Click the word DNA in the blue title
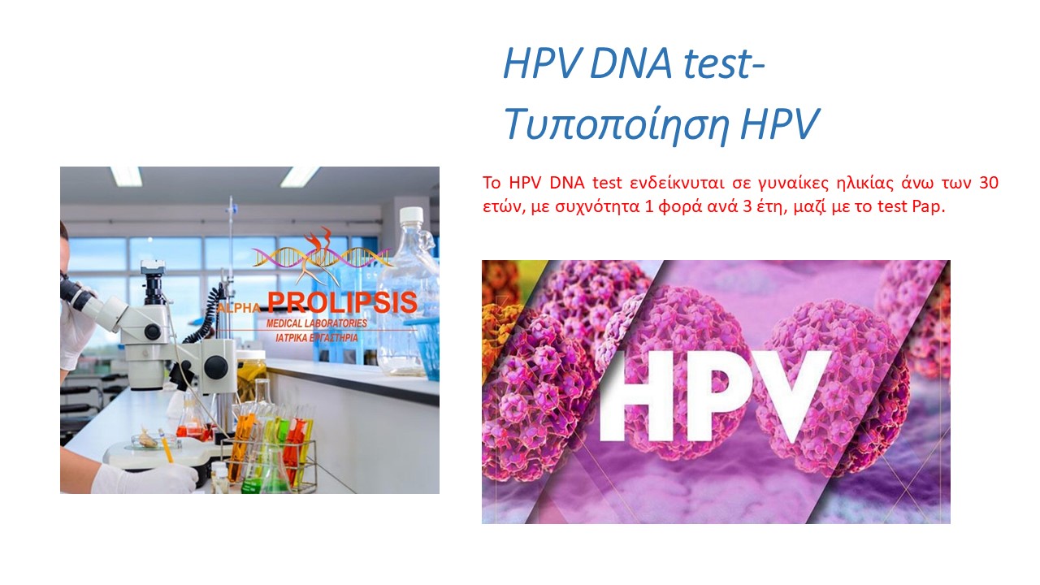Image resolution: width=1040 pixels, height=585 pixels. [630, 63]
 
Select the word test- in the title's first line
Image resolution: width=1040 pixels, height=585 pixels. [724, 63]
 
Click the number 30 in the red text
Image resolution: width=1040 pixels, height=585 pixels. [989, 183]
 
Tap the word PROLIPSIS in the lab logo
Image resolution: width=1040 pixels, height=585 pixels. [342, 303]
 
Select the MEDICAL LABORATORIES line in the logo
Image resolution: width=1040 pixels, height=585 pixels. [316, 323]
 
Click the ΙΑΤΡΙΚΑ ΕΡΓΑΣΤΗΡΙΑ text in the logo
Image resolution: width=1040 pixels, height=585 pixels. [316, 338]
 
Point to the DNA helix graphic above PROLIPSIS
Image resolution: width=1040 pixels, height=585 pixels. [321, 257]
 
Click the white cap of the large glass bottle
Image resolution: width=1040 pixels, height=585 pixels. [411, 215]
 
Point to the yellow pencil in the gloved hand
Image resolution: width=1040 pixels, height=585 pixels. [166, 446]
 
